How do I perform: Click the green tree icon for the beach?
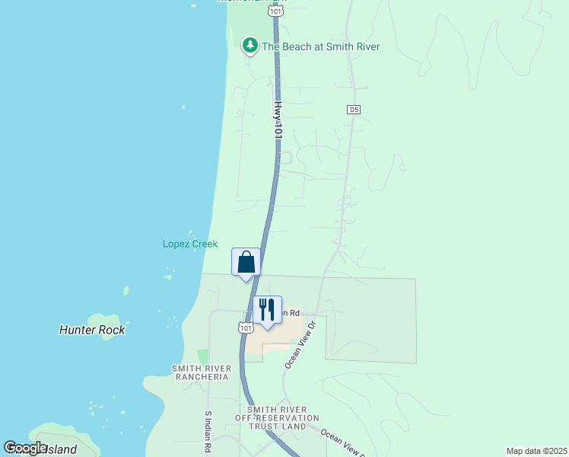tap(250, 46)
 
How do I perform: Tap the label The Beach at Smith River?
tap(320, 46)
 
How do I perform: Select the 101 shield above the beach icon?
tap(275, 11)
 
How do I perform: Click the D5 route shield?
tap(353, 110)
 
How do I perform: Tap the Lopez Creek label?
tap(190, 244)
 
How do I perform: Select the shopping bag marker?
tap(246, 264)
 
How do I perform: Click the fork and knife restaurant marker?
tap(267, 311)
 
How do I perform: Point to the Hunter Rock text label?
tap(92, 330)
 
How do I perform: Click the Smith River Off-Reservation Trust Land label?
tap(277, 417)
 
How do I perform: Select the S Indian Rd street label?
tap(208, 433)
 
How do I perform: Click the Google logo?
tap(26, 448)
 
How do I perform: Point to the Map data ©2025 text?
tap(536, 451)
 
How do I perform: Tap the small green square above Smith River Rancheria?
tap(202, 356)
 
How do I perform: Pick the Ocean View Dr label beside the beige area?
tap(299, 344)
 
